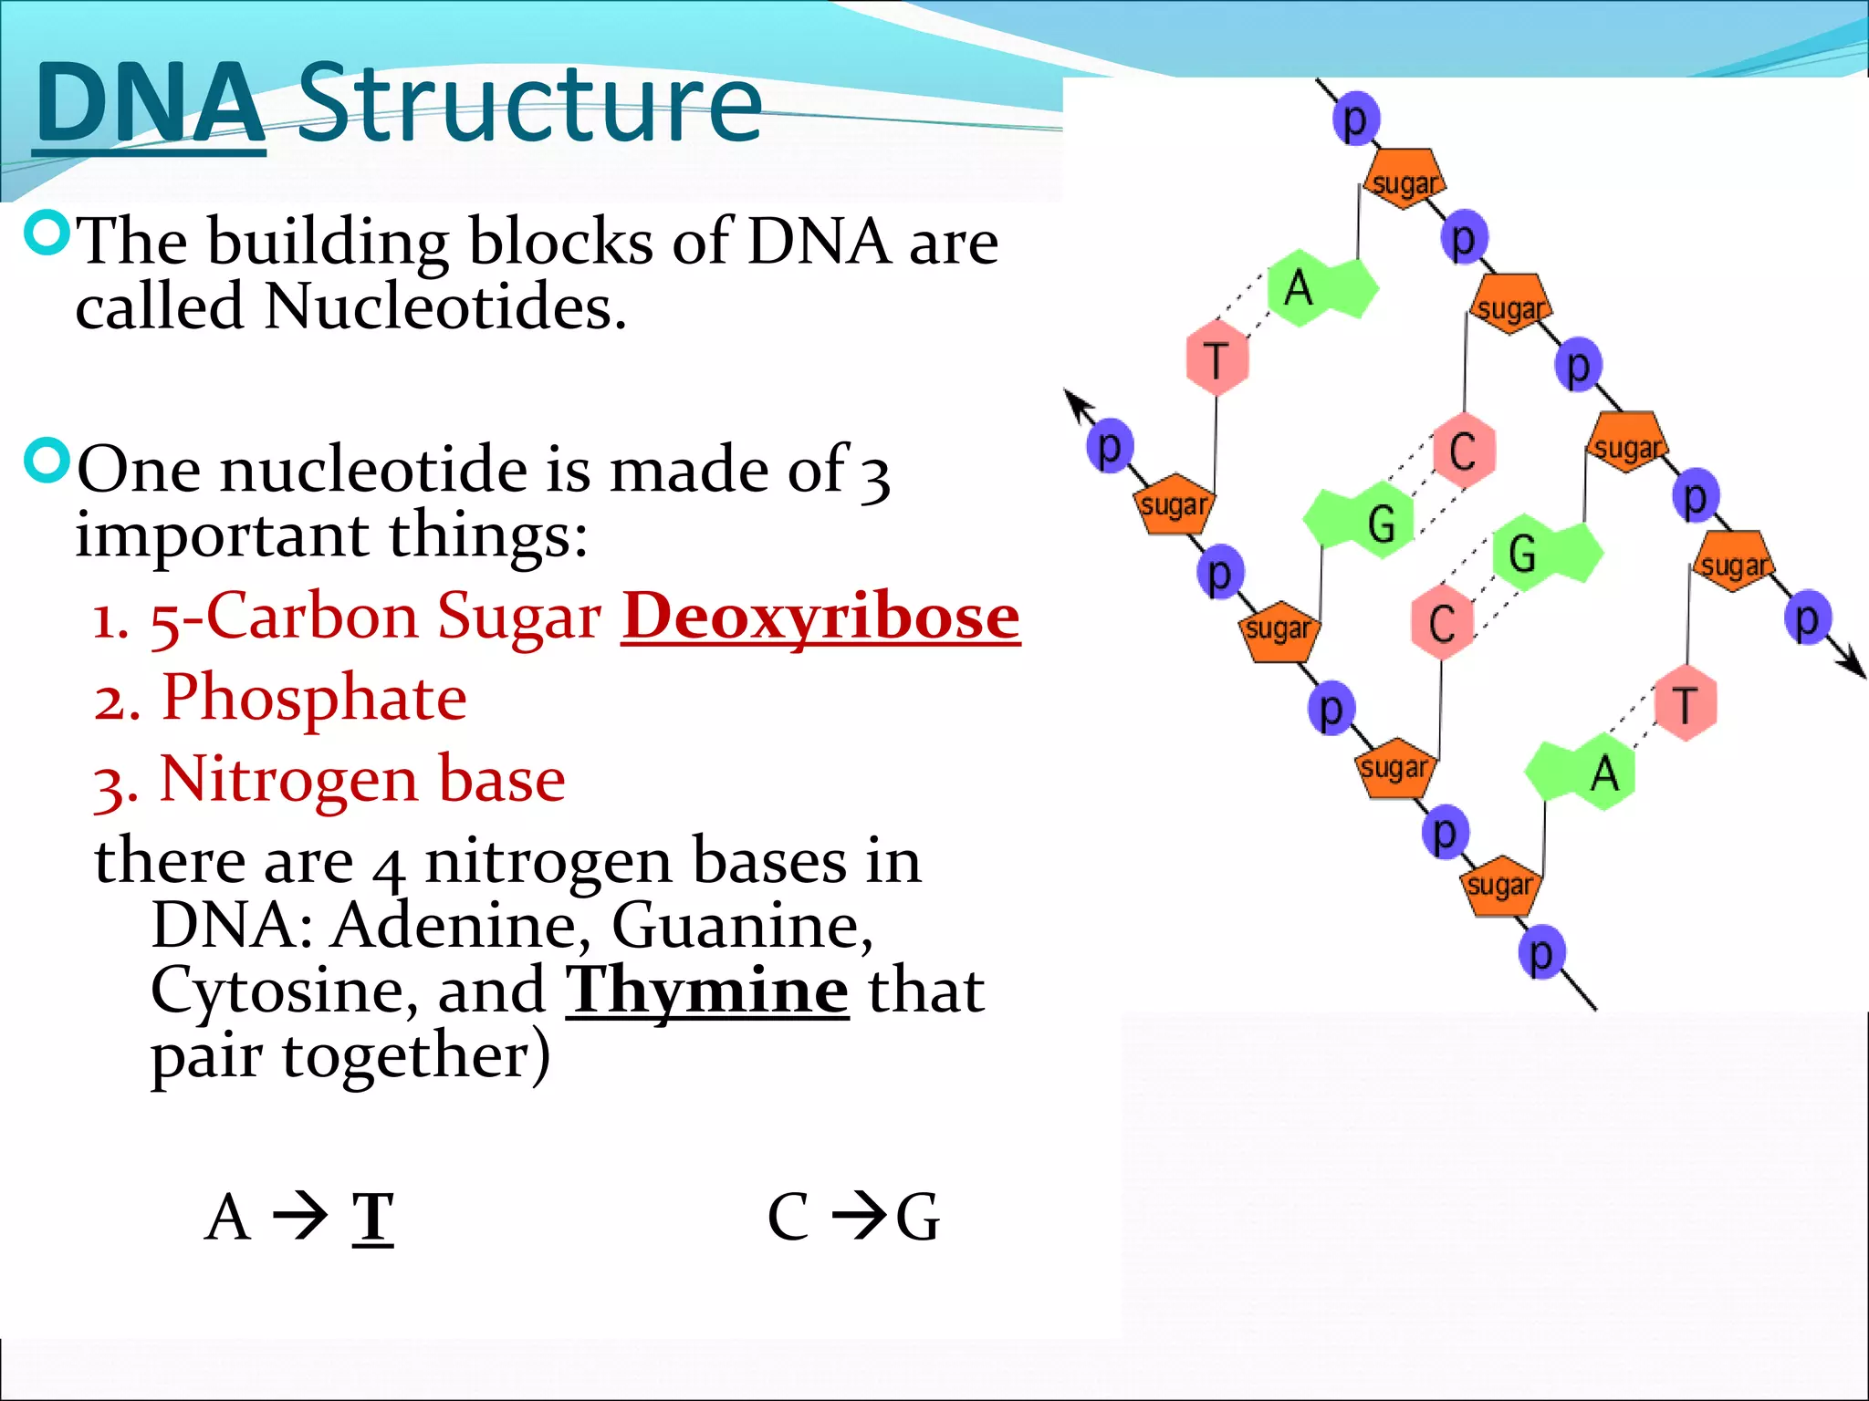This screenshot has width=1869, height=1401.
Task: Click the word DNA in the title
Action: [x=151, y=102]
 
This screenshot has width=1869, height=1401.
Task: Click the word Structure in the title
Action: [x=529, y=102]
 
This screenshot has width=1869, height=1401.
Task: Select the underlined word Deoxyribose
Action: [x=820, y=617]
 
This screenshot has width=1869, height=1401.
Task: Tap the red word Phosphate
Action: [x=314, y=699]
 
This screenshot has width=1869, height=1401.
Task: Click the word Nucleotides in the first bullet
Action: [x=444, y=306]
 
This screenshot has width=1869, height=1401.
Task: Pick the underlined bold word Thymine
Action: [x=707, y=991]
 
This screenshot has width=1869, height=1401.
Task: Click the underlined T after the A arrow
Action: [x=372, y=1218]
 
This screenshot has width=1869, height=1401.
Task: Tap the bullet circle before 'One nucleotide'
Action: [x=46, y=462]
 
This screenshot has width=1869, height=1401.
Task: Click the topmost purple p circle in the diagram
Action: [x=1355, y=119]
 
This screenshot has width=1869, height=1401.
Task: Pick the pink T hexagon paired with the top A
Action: [x=1216, y=358]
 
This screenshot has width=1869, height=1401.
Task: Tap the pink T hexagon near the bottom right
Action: [x=1685, y=703]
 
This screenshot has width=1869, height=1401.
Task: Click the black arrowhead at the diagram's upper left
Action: [x=1076, y=400]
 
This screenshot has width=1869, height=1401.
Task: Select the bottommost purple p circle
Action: [x=1541, y=954]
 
